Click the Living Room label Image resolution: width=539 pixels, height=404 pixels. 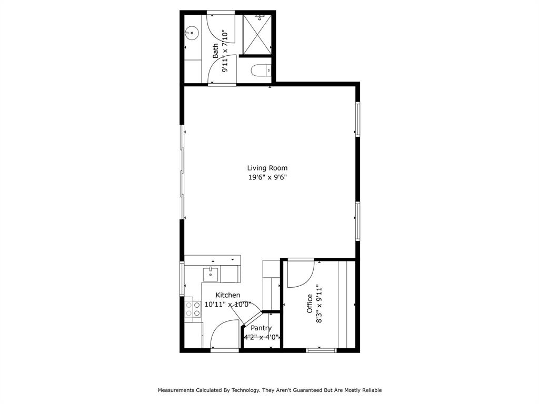click(x=267, y=168)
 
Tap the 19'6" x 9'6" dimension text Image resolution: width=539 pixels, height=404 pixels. click(x=267, y=178)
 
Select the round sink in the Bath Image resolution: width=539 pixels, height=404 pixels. click(x=192, y=33)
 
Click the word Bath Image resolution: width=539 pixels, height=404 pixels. click(x=215, y=50)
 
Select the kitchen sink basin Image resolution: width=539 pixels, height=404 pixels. click(x=211, y=274)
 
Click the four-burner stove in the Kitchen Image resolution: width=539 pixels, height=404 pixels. click(x=193, y=309)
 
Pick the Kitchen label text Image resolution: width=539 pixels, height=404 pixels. click(x=228, y=295)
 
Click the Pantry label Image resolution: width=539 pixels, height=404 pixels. click(x=261, y=328)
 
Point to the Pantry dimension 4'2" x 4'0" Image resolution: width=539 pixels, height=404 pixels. click(x=261, y=338)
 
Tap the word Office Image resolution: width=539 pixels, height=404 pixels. click(x=310, y=304)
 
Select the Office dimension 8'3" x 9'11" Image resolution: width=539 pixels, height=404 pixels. click(x=318, y=304)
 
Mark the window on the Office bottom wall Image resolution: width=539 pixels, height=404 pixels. click(x=321, y=350)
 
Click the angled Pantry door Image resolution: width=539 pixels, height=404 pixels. click(x=251, y=320)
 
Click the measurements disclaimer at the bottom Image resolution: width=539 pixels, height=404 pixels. click(x=269, y=390)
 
